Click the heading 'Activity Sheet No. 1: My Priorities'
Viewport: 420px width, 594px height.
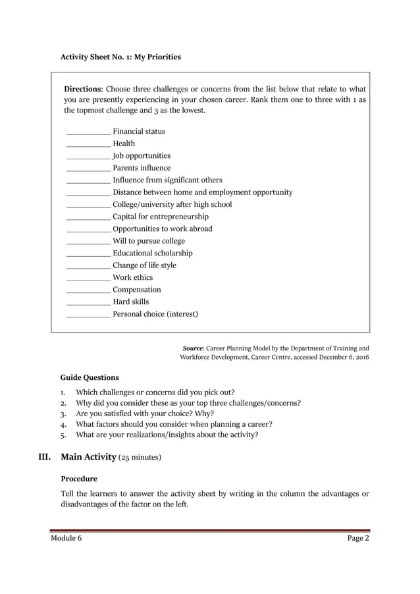coord(120,57)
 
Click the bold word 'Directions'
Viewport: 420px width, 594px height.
coord(82,89)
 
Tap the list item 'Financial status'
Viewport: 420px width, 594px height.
coord(139,131)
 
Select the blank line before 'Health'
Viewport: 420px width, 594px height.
coord(88,144)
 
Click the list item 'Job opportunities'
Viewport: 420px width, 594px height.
coord(142,155)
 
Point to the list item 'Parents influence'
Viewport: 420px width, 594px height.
coord(142,168)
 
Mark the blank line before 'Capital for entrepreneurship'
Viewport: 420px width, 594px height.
coord(88,217)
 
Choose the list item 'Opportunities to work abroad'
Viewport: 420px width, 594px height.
coord(163,229)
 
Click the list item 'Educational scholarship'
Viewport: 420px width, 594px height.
coord(153,253)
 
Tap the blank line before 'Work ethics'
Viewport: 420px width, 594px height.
coord(88,278)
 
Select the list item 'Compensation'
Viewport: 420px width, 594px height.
coord(137,290)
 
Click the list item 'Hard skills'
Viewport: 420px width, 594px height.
coord(131,302)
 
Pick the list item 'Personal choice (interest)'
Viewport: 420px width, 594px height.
coord(155,314)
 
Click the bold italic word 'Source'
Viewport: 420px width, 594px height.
coord(193,347)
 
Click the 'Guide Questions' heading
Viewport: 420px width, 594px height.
coord(90,377)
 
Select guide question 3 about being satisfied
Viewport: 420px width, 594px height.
coord(145,414)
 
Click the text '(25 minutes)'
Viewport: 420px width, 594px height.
coord(140,456)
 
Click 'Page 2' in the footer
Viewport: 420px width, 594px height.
coord(358,539)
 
